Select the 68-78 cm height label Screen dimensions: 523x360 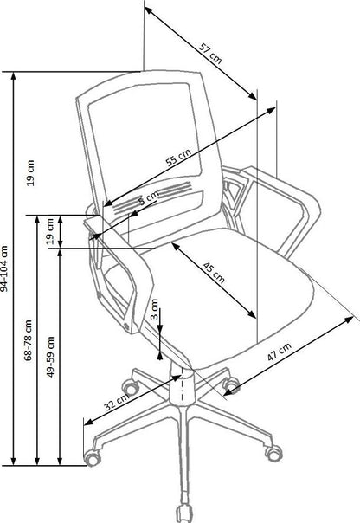click(29, 341)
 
